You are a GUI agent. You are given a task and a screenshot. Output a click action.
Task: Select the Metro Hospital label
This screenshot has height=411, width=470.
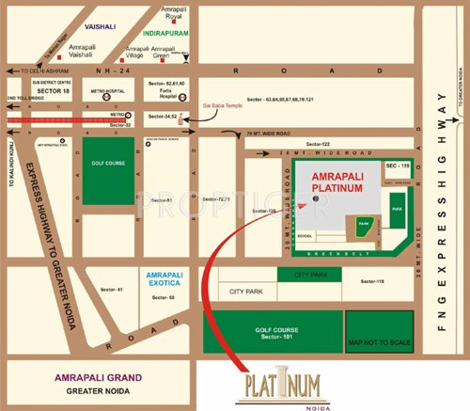pyautogui.click(x=108, y=92)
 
